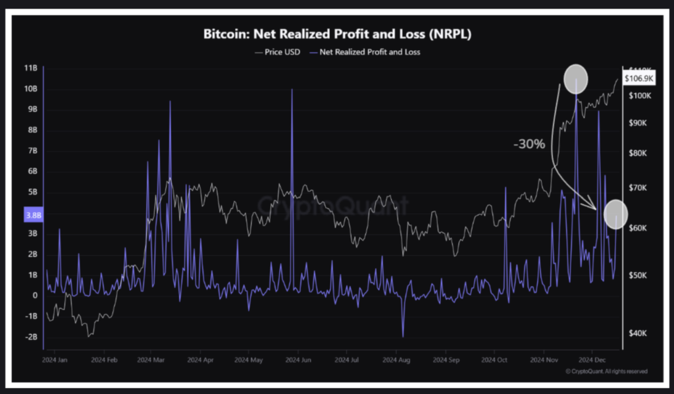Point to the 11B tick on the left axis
[31, 68]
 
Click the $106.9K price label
[638, 78]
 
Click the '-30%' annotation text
[529, 144]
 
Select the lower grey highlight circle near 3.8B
[616, 213]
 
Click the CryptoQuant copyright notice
[606, 372]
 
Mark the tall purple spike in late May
[291, 92]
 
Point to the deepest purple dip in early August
[403, 335]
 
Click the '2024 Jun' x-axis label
[300, 361]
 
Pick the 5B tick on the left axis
[31, 192]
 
